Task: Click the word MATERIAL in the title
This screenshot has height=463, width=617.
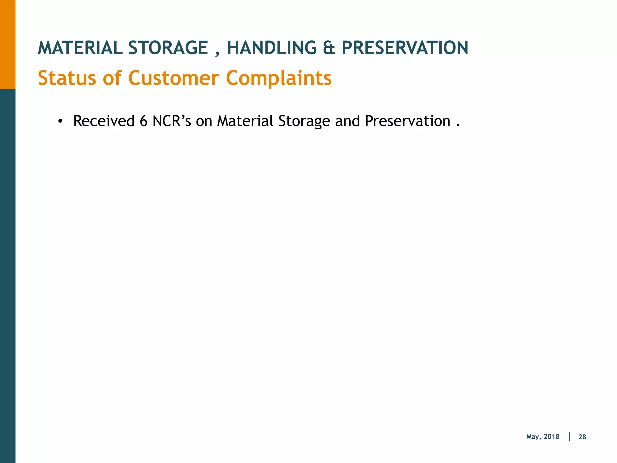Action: click(80, 48)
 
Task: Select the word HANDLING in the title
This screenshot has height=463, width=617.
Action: click(271, 48)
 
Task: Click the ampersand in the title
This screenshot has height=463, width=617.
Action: click(329, 48)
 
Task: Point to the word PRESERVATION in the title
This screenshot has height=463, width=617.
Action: click(405, 48)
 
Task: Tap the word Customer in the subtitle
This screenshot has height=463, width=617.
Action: click(174, 78)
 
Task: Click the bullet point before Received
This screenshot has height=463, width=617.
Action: click(60, 121)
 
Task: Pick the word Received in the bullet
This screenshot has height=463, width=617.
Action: click(104, 121)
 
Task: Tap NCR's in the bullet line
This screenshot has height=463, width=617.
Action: click(172, 121)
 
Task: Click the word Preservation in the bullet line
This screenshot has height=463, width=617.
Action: click(407, 121)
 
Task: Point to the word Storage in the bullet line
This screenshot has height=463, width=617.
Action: click(304, 122)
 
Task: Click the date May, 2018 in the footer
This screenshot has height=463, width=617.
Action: click(543, 437)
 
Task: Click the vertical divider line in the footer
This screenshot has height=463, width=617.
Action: click(570, 436)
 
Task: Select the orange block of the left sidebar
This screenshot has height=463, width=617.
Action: click(8, 44)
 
